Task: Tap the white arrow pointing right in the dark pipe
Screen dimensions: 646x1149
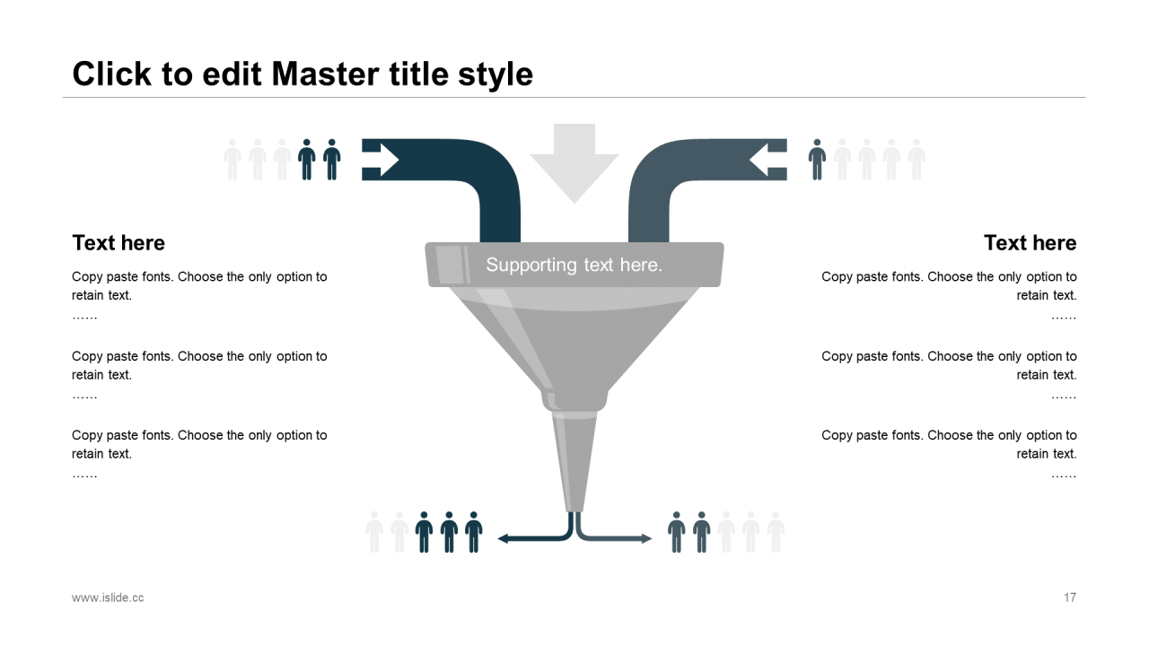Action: click(x=383, y=160)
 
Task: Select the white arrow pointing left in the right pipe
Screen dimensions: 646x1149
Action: click(x=766, y=160)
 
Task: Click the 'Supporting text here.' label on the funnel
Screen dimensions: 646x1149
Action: click(x=574, y=265)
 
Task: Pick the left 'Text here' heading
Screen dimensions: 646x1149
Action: click(x=118, y=243)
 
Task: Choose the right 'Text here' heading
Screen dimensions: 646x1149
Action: click(x=1030, y=243)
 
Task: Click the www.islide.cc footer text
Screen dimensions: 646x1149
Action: click(x=108, y=598)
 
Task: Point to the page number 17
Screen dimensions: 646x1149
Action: click(x=1069, y=598)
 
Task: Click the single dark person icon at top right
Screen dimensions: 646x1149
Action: click(x=817, y=160)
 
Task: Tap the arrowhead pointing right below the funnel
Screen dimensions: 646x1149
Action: click(x=645, y=538)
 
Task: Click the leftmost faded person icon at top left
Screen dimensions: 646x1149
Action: click(x=232, y=160)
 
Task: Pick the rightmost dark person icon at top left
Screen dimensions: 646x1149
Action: click(x=332, y=160)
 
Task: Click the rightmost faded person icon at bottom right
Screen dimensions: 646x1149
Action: click(x=776, y=532)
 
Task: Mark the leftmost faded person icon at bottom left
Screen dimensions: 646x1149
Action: click(x=374, y=532)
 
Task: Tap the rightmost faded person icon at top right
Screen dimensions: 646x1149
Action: click(x=916, y=160)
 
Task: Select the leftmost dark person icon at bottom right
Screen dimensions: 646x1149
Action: click(x=677, y=532)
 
